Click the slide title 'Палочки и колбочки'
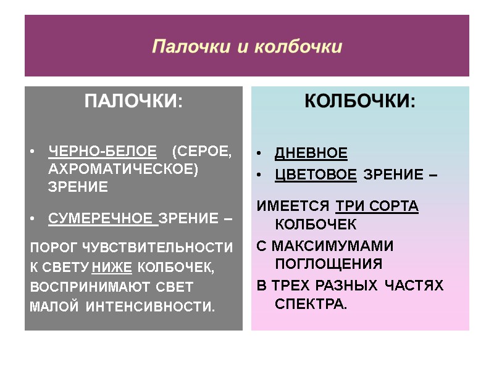tap(247, 47)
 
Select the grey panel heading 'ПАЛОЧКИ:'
tap(133, 102)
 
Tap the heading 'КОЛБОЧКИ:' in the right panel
tap(360, 102)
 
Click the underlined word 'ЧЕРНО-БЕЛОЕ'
tap(102, 152)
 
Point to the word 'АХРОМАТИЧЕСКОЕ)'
tap(124, 170)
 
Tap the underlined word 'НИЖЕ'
tap(112, 268)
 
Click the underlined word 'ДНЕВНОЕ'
tap(311, 153)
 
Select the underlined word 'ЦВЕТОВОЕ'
tap(315, 175)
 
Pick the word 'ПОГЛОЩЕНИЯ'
tap(328, 264)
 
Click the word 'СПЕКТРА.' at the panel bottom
tap(311, 304)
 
